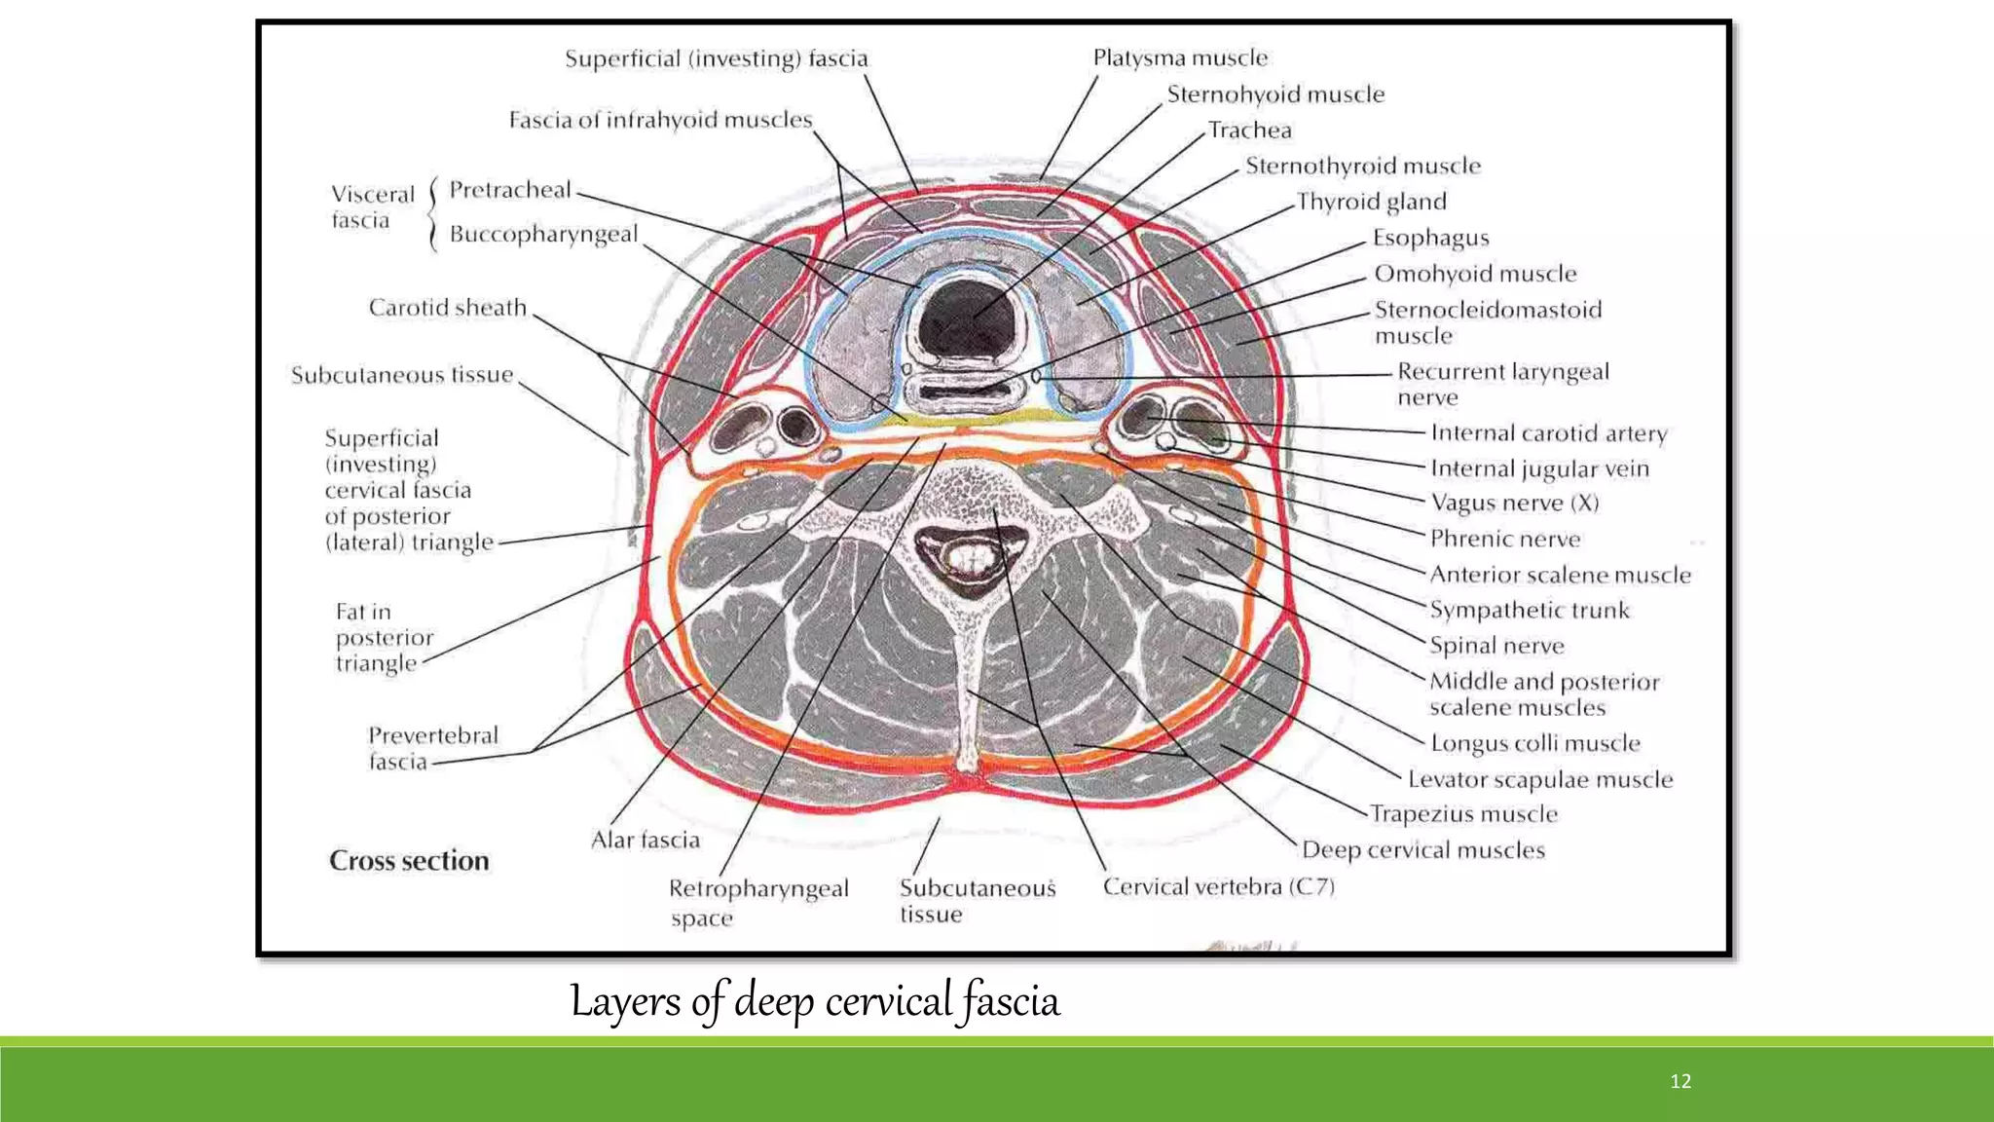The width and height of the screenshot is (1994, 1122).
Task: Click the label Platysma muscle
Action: click(x=1180, y=58)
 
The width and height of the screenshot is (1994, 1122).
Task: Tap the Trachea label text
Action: click(x=1249, y=131)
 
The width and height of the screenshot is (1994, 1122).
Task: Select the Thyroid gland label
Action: click(x=1371, y=202)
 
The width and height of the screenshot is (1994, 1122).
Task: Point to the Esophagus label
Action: click(x=1430, y=238)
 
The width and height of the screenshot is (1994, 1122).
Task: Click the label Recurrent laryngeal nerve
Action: click(x=1502, y=384)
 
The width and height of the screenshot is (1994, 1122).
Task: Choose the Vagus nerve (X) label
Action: click(x=1514, y=503)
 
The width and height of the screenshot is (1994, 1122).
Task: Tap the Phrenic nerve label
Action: click(x=1504, y=539)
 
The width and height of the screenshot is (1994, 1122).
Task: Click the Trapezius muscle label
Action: click(x=1463, y=814)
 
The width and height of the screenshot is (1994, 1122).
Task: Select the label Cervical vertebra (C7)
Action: click(x=1218, y=886)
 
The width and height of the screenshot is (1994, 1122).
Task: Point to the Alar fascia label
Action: click(x=645, y=840)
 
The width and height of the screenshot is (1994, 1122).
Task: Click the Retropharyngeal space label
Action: click(x=757, y=902)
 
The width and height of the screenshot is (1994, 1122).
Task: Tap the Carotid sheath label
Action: click(x=447, y=308)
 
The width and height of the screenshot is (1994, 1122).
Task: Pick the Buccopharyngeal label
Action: click(x=543, y=235)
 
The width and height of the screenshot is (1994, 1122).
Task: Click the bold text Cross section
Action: click(x=409, y=861)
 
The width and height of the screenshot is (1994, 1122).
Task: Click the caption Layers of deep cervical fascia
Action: click(x=814, y=1001)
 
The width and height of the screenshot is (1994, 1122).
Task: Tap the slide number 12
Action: click(x=1680, y=1081)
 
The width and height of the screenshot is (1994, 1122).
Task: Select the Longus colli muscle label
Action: click(x=1534, y=743)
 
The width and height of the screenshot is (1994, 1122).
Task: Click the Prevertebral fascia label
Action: click(x=432, y=748)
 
